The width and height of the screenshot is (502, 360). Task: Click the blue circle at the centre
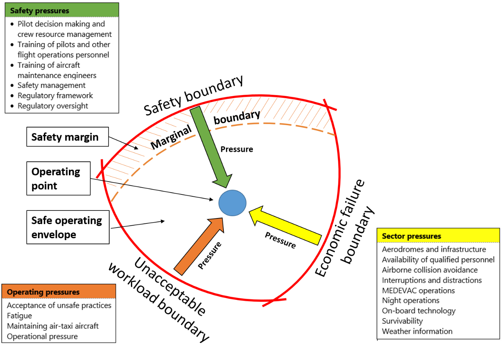tap(233, 203)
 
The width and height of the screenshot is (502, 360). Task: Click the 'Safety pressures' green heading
tap(40, 11)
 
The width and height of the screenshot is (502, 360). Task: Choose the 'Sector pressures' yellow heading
tap(411, 236)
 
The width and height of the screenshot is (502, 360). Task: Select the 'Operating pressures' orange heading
tap(43, 292)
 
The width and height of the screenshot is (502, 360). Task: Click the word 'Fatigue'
tap(19, 315)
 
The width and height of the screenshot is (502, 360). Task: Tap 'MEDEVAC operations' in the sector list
tap(418, 290)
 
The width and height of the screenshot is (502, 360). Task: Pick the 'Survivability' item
tap(402, 321)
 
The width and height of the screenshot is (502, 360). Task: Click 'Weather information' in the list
tap(417, 331)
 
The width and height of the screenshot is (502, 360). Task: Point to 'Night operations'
tap(411, 300)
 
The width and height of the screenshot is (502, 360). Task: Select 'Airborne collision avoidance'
tap(430, 270)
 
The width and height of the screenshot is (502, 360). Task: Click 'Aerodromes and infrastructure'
tap(434, 249)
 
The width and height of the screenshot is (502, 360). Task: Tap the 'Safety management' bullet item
tap(51, 85)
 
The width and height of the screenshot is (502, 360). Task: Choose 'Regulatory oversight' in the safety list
tap(53, 106)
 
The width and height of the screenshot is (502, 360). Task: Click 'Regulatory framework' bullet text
tap(55, 96)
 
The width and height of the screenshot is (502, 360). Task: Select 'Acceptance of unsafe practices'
tap(59, 305)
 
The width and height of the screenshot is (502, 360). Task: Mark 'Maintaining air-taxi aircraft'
tap(53, 326)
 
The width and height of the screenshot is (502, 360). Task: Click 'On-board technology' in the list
tap(419, 311)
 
